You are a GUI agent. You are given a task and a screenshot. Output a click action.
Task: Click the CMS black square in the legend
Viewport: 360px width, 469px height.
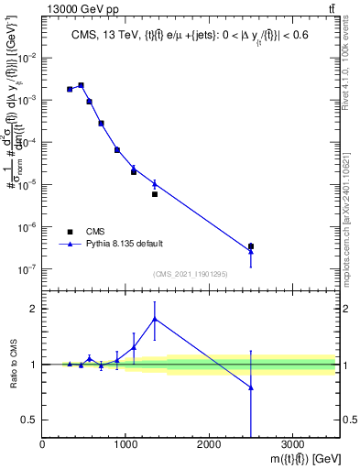point(70,232)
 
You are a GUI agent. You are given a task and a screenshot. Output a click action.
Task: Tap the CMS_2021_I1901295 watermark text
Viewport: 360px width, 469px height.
point(190,274)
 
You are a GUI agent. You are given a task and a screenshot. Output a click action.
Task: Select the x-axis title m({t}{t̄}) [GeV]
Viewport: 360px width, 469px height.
point(294,458)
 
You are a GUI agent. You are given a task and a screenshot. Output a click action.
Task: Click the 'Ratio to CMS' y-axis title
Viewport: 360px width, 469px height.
point(10,365)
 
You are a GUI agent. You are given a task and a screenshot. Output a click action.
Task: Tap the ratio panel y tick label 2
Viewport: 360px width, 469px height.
point(33,309)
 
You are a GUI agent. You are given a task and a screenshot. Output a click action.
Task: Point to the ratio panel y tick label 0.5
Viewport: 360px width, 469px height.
point(30,420)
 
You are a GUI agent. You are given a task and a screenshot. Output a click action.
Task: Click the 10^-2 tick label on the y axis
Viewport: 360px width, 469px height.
point(28,57)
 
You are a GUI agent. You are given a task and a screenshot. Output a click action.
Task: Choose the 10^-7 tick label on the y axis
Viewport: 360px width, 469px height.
point(28,269)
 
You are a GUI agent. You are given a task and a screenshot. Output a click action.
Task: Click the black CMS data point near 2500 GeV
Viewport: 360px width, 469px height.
point(251,245)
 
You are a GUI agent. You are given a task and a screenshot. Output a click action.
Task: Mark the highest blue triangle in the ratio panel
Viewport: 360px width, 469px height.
point(155,319)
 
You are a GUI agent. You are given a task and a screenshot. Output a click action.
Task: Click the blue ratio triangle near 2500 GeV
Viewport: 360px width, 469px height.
point(251,387)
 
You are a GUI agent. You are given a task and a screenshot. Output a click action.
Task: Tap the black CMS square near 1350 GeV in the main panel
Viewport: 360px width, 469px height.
point(155,194)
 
